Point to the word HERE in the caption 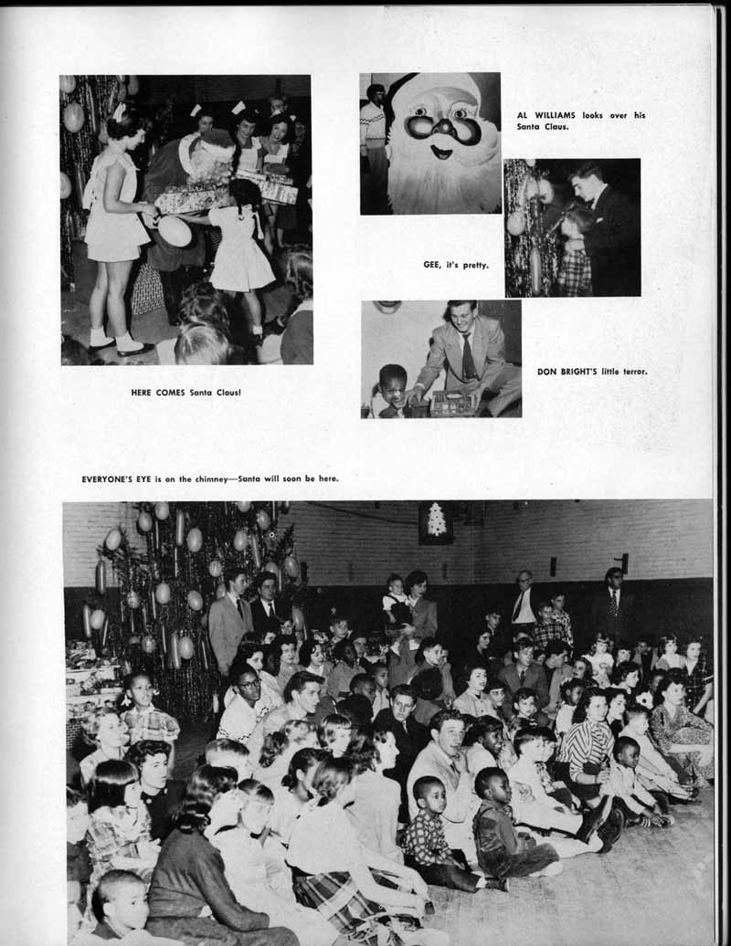[145, 393]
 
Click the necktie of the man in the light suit [467, 355]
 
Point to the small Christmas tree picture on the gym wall [436, 521]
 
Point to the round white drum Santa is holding [175, 231]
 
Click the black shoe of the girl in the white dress [134, 348]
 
